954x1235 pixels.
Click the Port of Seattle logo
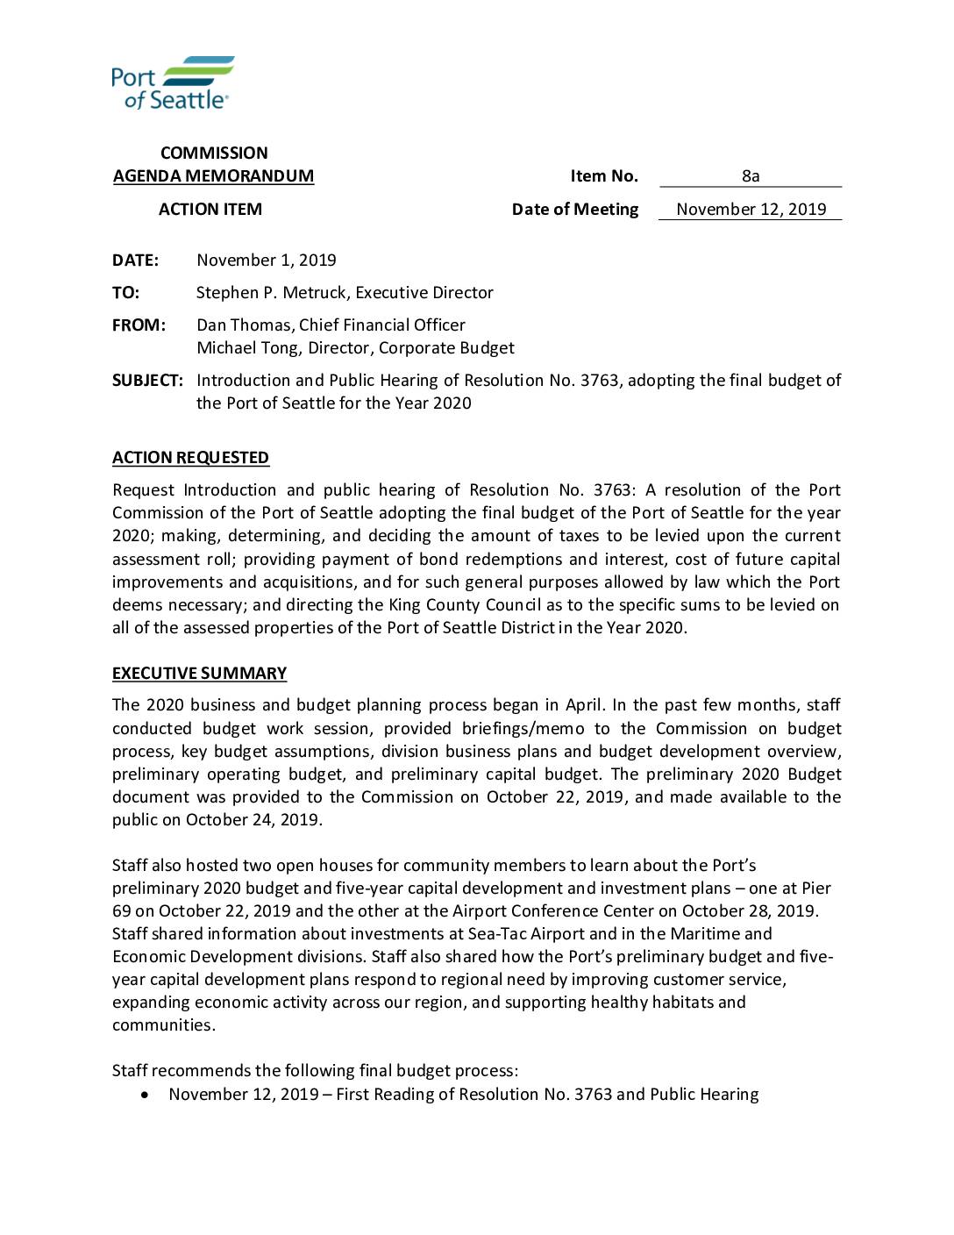point(173,82)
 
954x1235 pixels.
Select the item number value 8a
point(751,176)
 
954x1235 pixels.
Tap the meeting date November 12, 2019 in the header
point(751,210)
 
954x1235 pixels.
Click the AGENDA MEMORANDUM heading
point(213,176)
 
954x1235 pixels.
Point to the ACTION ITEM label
point(210,210)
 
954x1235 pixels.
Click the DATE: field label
point(135,261)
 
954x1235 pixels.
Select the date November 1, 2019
point(267,261)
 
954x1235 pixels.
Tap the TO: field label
point(125,293)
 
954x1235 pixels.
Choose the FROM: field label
point(139,325)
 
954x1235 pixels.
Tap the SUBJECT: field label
point(147,381)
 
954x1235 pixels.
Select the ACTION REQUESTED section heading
point(190,458)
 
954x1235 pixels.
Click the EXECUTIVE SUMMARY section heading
point(199,674)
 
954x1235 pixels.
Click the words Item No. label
point(604,176)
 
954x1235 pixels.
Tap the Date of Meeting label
point(575,210)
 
